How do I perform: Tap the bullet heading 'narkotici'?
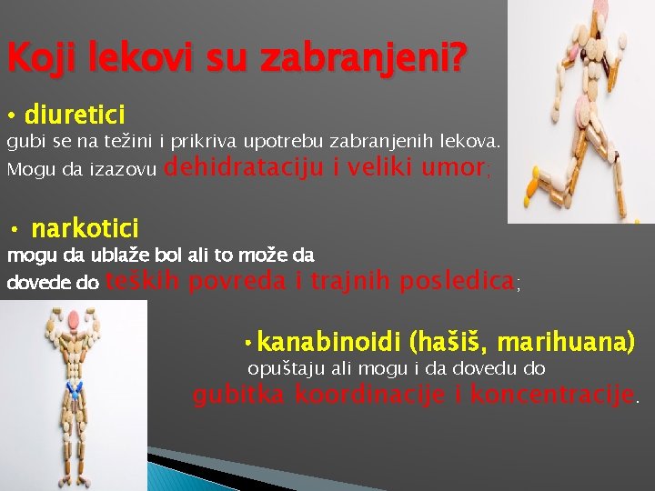click(x=85, y=227)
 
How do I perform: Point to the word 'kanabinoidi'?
click(x=330, y=343)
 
